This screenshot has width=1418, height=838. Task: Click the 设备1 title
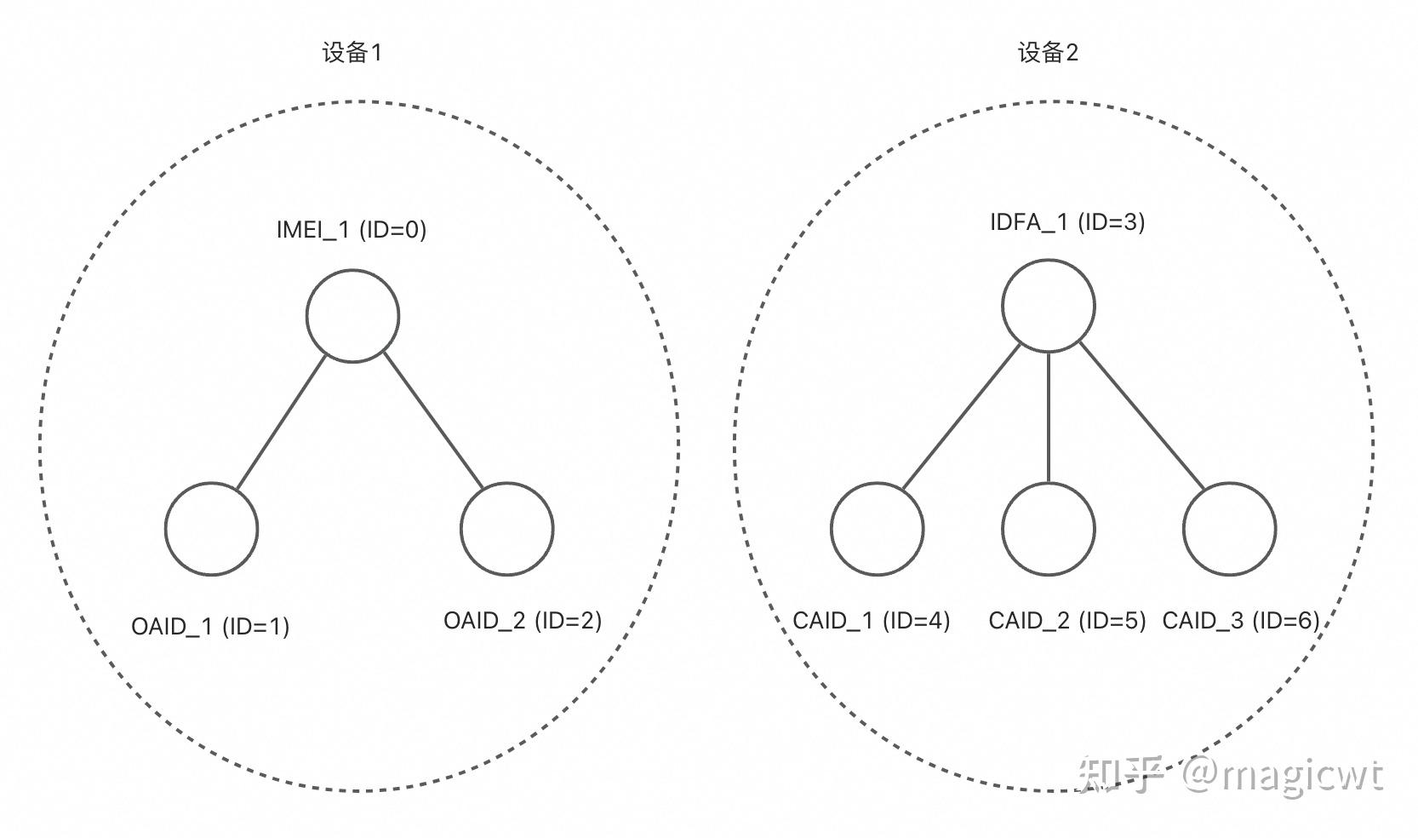click(x=352, y=53)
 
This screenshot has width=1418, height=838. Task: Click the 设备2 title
click(x=1048, y=53)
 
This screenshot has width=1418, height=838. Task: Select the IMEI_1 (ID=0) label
click(x=352, y=229)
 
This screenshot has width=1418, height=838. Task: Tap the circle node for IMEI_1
click(x=352, y=316)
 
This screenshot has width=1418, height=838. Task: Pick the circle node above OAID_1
click(x=211, y=529)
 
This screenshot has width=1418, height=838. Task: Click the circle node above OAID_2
click(x=506, y=529)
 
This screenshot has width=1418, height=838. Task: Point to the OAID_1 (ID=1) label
click(x=210, y=627)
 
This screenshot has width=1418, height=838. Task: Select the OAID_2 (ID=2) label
click(x=523, y=621)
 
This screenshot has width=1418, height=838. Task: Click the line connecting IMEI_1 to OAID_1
click(x=281, y=422)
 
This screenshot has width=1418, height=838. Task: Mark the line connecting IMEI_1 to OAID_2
click(x=432, y=419)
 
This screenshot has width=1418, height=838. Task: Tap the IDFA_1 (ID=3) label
click(x=1066, y=222)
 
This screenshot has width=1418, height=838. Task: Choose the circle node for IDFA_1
click(x=1048, y=306)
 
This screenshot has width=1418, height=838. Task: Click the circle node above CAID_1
click(x=877, y=529)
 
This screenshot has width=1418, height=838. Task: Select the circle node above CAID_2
click(x=1048, y=529)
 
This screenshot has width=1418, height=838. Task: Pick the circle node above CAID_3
click(x=1229, y=529)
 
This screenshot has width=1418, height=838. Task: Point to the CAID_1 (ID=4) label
click(x=871, y=621)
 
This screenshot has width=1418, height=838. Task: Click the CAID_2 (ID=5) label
click(x=1066, y=621)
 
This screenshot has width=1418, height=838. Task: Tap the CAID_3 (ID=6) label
click(x=1240, y=621)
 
